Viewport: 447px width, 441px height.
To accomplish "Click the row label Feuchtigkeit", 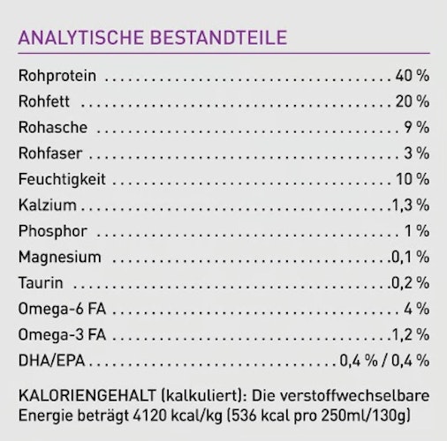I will [x=61, y=179].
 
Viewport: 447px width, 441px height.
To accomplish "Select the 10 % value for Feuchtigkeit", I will [x=413, y=179].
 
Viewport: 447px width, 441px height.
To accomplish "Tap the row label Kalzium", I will [x=46, y=205].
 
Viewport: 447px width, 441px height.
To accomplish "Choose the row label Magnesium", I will [x=59, y=257].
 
